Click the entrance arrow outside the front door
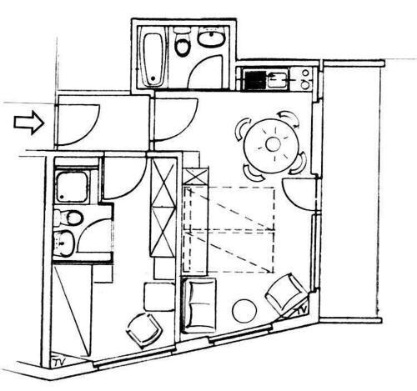point(29,123)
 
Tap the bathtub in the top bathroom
point(153,59)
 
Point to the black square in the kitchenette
point(255,79)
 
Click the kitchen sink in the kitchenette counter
point(278,80)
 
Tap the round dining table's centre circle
point(273,144)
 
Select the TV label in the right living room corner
point(302,310)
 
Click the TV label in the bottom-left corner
point(60,362)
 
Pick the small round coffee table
point(244,311)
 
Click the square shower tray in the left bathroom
point(73,186)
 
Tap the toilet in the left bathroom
point(68,218)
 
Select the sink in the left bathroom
point(64,243)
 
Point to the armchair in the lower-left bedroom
point(144,330)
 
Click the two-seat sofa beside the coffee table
point(198,305)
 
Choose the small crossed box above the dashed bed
point(196,177)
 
